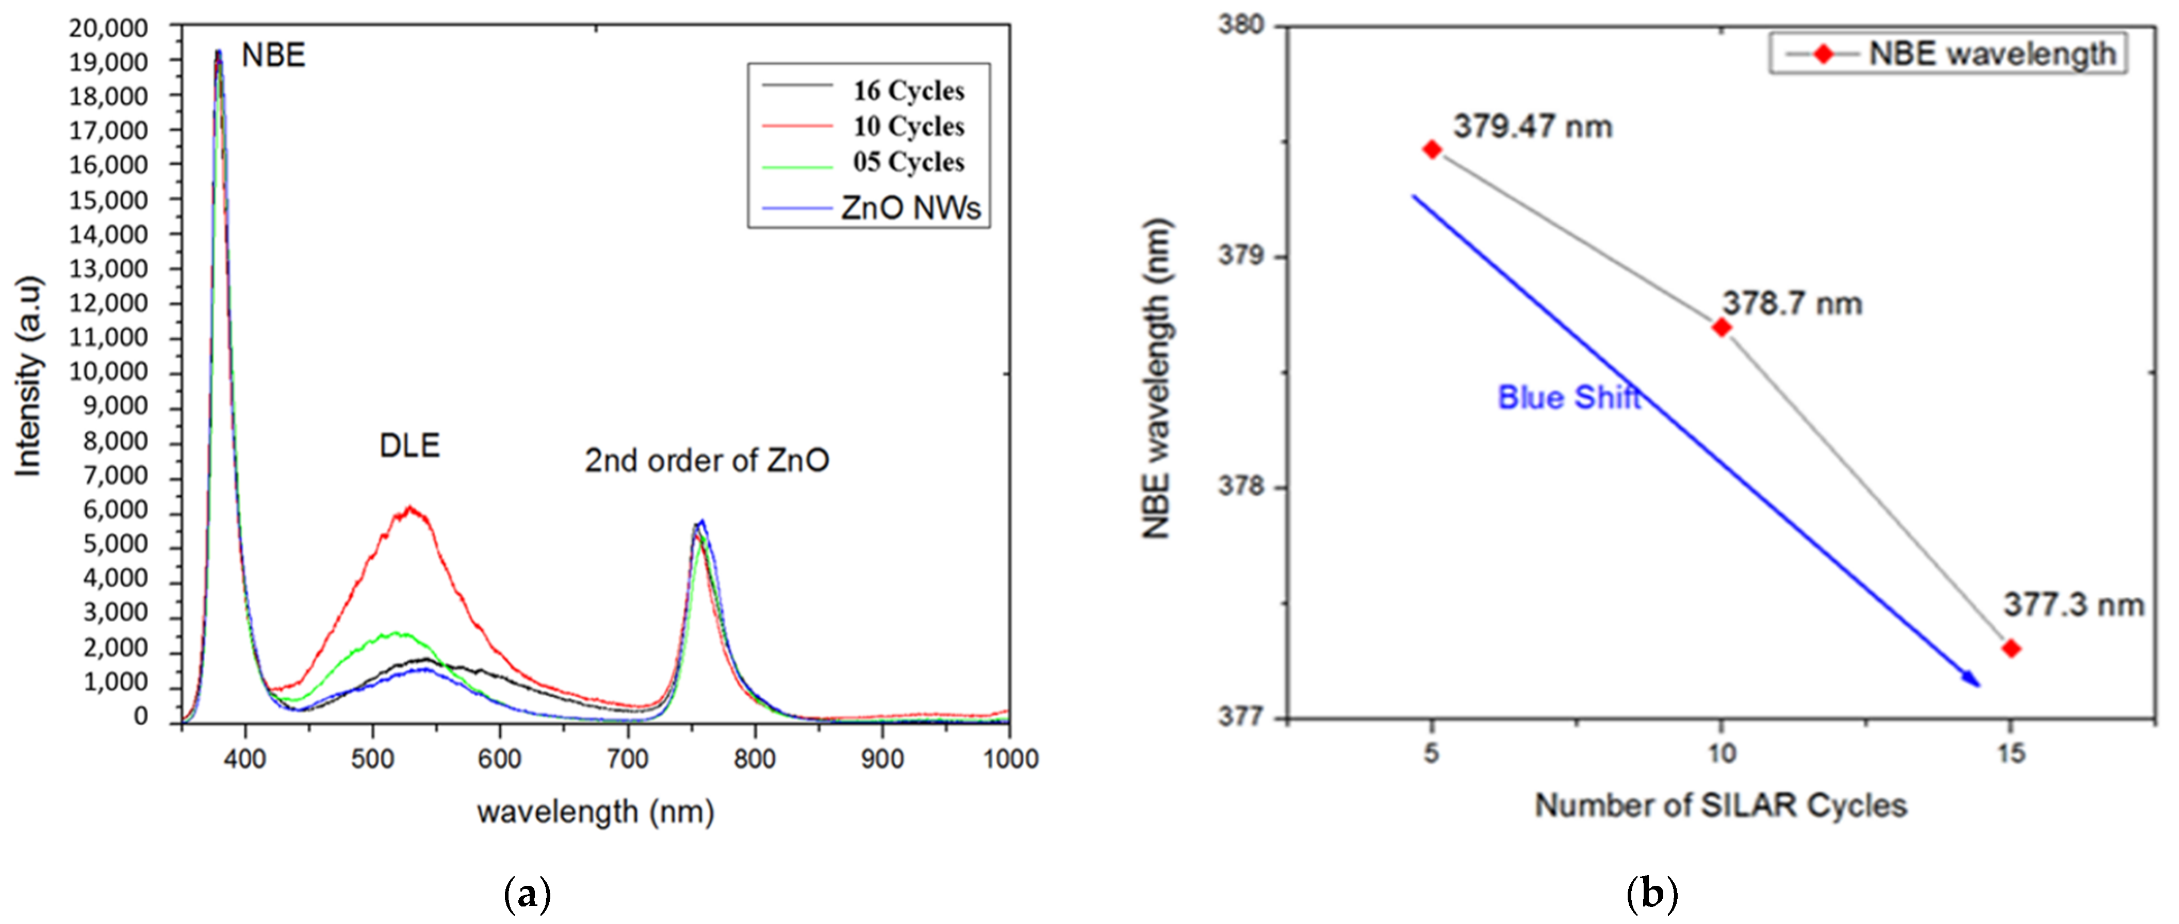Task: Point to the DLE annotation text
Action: tap(409, 446)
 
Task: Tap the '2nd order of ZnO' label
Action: tap(707, 461)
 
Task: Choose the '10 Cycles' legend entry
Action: tap(908, 126)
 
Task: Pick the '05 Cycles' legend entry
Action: tap(908, 161)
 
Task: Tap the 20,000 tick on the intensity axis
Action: tap(108, 28)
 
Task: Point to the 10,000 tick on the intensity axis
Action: tap(108, 372)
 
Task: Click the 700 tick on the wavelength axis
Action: tap(628, 758)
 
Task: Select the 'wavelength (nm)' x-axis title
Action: tap(596, 812)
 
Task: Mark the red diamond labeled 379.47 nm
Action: tap(1431, 149)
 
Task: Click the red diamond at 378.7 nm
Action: tap(1722, 327)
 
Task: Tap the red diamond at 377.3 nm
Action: tap(2011, 648)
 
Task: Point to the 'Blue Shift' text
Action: tap(1569, 397)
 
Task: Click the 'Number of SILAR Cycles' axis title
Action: tap(1721, 805)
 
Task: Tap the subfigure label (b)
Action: tap(1651, 894)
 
